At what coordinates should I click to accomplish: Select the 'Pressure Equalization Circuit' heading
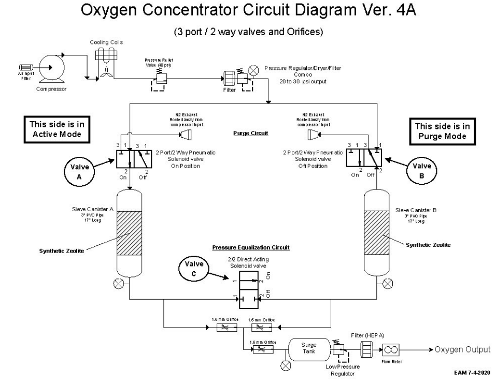coord(251,247)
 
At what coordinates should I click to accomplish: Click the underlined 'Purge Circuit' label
coord(251,133)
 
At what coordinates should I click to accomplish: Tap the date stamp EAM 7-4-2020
coord(471,373)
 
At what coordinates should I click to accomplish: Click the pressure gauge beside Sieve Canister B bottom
coord(388,283)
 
